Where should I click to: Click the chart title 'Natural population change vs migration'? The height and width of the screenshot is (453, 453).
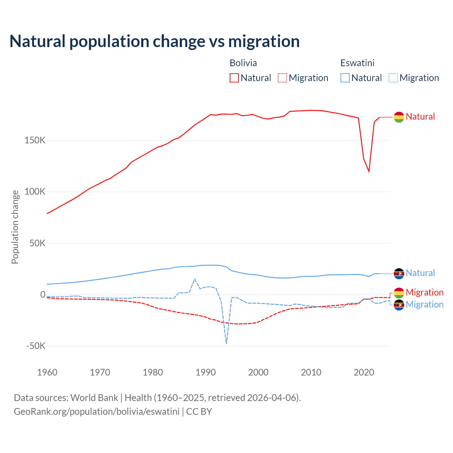click(x=155, y=41)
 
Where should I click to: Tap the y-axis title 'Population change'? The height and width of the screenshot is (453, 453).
click(x=15, y=227)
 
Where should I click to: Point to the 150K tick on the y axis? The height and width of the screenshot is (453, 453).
click(x=35, y=141)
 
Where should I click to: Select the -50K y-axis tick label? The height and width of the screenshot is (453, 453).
click(x=36, y=346)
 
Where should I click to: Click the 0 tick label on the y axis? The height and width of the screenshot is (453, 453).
click(x=43, y=294)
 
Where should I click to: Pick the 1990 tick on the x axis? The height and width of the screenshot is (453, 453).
click(x=206, y=372)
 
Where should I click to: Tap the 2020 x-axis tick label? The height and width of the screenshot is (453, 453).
click(x=364, y=372)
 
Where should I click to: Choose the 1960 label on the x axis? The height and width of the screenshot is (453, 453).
click(x=47, y=372)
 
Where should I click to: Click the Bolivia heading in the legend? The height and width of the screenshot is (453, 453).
click(x=243, y=63)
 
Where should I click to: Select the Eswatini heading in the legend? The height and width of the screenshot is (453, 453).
click(x=357, y=63)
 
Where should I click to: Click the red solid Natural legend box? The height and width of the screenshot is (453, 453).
click(x=234, y=78)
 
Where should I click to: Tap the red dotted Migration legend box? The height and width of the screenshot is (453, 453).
click(x=282, y=78)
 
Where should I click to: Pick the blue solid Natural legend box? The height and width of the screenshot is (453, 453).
click(x=345, y=78)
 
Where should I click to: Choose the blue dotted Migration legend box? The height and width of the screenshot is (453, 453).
click(x=393, y=78)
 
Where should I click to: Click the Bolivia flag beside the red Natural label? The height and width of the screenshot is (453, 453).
click(x=399, y=117)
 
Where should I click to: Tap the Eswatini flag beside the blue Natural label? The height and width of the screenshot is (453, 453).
click(x=399, y=273)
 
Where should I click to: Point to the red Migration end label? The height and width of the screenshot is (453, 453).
click(x=424, y=292)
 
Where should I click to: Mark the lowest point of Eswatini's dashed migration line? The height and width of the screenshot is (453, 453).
click(x=226, y=344)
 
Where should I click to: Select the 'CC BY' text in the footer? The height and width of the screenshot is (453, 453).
click(x=199, y=412)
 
